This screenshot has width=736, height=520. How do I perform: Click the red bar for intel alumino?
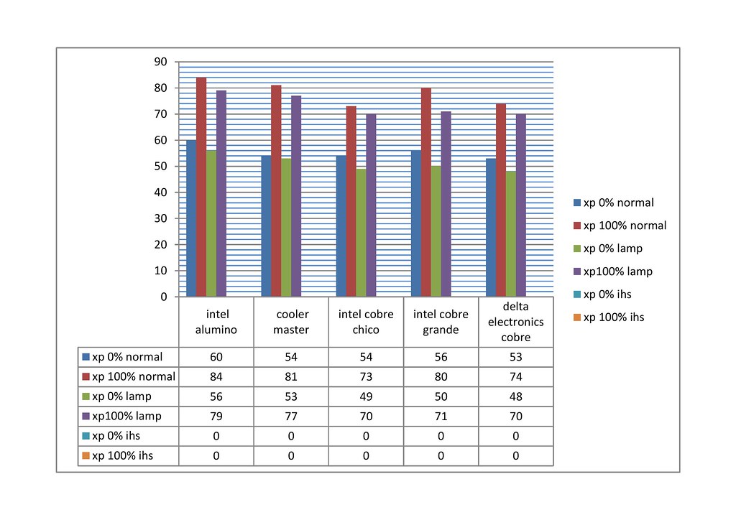tap(201, 187)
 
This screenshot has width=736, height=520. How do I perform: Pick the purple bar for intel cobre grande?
tap(446, 204)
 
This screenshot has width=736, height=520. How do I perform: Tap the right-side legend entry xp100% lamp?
tap(612, 271)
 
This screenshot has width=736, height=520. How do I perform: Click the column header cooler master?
tap(291, 322)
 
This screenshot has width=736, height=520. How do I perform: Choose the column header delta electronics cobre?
tap(515, 322)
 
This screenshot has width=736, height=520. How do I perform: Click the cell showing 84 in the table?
tap(216, 376)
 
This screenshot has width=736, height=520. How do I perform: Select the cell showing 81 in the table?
tap(291, 376)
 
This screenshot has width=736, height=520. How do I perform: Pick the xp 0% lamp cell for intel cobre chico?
tap(366, 396)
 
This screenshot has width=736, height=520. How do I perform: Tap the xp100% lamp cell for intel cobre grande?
tap(441, 416)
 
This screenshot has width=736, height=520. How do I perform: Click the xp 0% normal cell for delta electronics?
tap(515, 357)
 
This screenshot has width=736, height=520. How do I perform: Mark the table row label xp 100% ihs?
tap(122, 455)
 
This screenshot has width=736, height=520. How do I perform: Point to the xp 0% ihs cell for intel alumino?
tap(216, 436)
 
